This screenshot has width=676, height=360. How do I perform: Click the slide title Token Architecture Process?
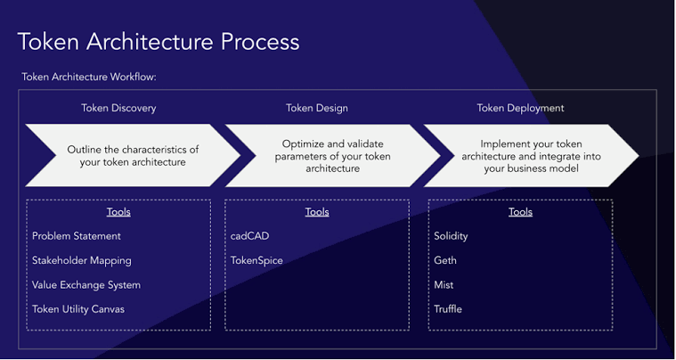point(159,42)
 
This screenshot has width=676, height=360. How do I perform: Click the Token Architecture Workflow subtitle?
point(89,78)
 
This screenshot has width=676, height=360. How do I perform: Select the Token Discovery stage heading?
point(118,109)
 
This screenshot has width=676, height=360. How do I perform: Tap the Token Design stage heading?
point(316,109)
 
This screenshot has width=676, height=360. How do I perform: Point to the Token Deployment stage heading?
point(520,109)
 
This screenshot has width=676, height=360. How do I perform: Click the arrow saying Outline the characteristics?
point(133,156)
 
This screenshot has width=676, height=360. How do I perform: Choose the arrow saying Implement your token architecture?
point(531,156)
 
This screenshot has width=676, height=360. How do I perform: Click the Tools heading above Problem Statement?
point(118,212)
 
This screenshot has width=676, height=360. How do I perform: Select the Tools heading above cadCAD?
point(316,212)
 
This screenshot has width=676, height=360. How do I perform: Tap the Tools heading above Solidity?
point(520,212)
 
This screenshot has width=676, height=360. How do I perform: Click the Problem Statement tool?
point(77,236)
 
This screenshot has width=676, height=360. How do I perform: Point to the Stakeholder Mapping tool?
point(82,261)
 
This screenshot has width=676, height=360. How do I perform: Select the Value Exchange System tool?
point(86,285)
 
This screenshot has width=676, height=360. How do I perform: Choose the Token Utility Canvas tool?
point(78,309)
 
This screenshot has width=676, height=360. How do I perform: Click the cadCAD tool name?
point(249,236)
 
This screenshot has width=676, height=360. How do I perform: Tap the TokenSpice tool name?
point(257,261)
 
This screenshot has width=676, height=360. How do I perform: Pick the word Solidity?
point(451,236)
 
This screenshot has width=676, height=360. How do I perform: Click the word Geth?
point(446,261)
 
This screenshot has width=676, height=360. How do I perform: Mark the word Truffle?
point(448,309)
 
